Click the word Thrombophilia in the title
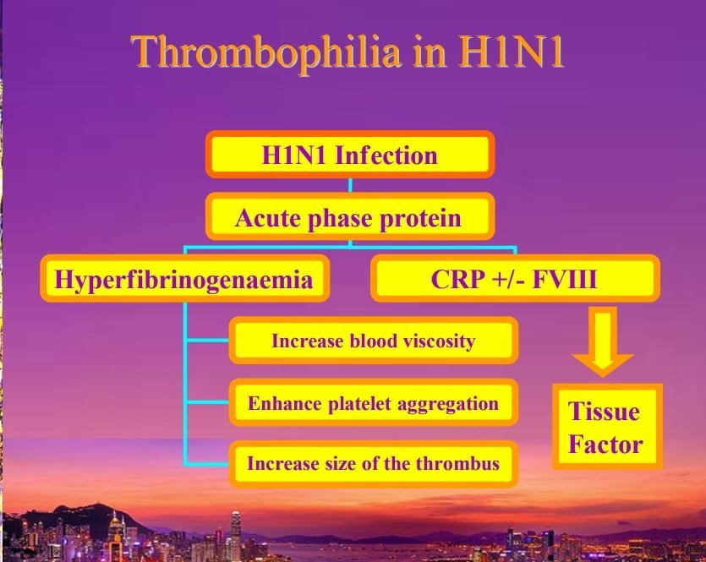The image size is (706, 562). tap(265, 53)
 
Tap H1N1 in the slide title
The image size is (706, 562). tap(511, 51)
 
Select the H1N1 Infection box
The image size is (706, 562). tap(350, 155)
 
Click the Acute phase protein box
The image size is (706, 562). tap(350, 217)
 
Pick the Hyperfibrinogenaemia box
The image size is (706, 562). tap(184, 279)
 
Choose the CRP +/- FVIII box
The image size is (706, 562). tap(515, 278)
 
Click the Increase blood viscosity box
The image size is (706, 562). tap(374, 341)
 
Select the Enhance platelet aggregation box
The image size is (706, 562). tap(374, 402)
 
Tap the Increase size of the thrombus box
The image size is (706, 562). tap(374, 463)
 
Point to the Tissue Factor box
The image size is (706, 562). tap(607, 426)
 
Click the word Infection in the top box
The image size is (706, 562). tap(386, 156)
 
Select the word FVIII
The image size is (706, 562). tap(565, 279)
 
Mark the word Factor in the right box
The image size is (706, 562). tap(605, 445)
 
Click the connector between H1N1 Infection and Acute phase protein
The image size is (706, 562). tap(350, 185)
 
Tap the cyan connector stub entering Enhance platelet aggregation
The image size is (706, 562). tap(207, 402)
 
